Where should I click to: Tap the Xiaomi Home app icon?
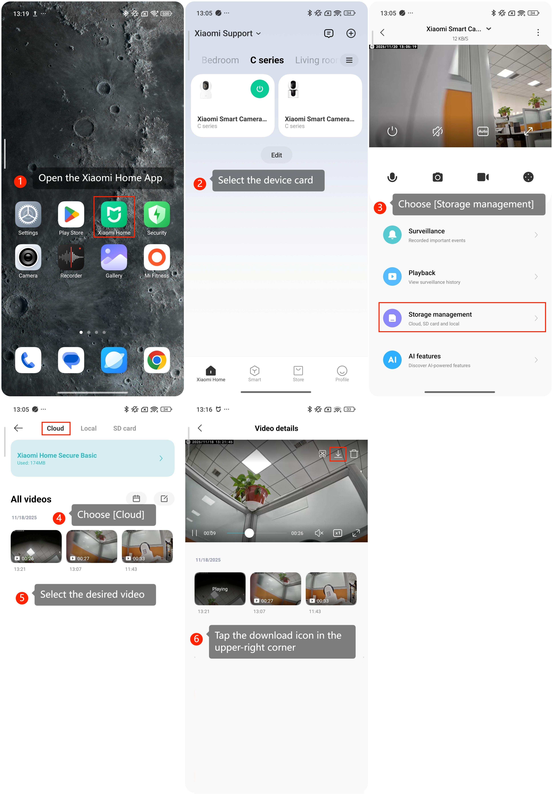pos(114,214)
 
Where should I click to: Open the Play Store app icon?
pos(71,214)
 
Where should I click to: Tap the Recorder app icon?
pos(71,257)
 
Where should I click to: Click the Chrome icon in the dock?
pos(157,360)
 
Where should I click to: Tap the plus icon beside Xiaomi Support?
pos(351,33)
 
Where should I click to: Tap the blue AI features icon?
pos(392,360)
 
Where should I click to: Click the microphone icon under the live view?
pos(392,177)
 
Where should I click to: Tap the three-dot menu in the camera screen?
pos(538,32)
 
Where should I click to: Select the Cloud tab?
pos(55,428)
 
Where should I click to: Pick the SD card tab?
pos(125,428)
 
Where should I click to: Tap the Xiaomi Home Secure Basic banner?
pos(92,458)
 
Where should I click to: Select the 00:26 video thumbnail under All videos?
pos(36,546)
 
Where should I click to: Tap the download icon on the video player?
pos(338,453)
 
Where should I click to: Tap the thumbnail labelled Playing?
pos(220,589)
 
